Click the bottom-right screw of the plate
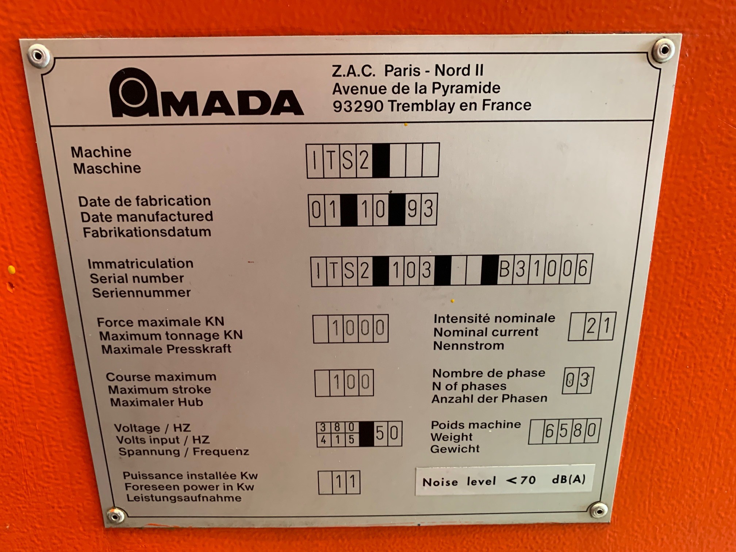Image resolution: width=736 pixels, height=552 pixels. pos(598,510)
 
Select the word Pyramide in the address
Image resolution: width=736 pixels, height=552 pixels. pos(466,88)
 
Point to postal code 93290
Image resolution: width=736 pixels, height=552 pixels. pos(358,106)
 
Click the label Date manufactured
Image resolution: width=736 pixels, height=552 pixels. pos(147,216)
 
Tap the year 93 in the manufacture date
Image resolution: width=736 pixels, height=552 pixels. pos(420,209)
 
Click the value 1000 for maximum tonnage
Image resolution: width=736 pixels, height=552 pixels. pos(358,328)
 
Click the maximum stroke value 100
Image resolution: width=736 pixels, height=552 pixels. pos(351,382)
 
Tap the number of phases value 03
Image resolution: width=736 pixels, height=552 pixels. pos(578,380)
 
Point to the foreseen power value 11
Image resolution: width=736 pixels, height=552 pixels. pos(345,482)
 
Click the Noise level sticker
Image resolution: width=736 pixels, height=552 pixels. pos(503,480)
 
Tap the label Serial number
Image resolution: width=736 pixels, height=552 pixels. pos(137,279)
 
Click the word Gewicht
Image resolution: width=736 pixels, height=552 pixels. pos(455,449)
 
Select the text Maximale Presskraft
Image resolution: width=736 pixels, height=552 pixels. pos(166,349)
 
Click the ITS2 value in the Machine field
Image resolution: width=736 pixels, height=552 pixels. pos(340,160)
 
